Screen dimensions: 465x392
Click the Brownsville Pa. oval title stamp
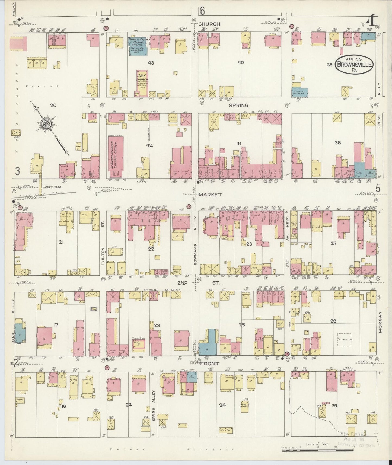[x=355, y=64]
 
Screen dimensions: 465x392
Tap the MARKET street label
[x=210, y=195]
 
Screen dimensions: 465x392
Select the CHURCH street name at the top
[x=209, y=24]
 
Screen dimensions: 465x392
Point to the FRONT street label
[x=210, y=362]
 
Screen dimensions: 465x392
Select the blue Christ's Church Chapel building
[x=138, y=46]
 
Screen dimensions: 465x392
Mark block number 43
[x=151, y=63]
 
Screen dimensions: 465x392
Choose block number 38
[x=337, y=142]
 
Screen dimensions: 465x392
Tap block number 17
[x=56, y=325]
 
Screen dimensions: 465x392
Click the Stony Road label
[x=52, y=187]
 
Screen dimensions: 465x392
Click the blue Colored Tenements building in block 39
[x=300, y=93]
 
